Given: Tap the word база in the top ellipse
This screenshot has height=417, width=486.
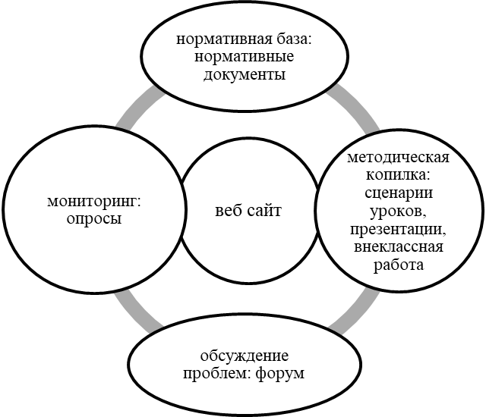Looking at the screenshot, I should pos(289,40).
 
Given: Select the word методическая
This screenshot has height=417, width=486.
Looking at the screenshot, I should pos(397,158).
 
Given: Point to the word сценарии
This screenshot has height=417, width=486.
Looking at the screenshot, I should pos(399,193).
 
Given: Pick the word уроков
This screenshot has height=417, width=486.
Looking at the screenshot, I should pos(399,211).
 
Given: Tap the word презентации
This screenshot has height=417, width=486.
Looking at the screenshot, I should pos(399,229).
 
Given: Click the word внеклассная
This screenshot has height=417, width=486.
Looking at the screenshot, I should pos(399,247).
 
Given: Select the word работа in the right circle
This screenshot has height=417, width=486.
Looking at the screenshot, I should pos(399,265).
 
